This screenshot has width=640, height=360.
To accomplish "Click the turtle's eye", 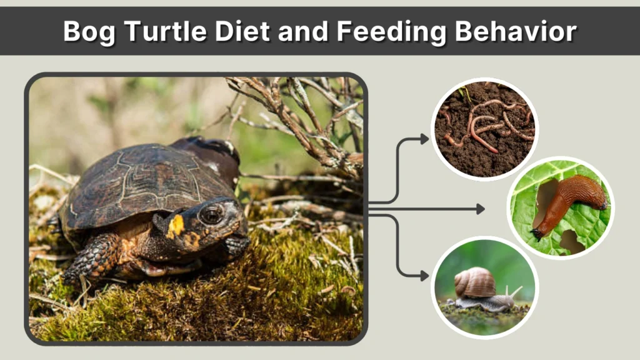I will [x=211, y=215].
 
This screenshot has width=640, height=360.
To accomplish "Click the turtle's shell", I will [x=144, y=178].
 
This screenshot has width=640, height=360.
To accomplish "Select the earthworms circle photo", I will [x=484, y=128].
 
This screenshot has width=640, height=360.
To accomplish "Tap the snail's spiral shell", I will [x=475, y=283].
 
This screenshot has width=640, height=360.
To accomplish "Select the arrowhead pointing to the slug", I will [x=481, y=209].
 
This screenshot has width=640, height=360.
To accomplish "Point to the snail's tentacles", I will [x=514, y=291].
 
